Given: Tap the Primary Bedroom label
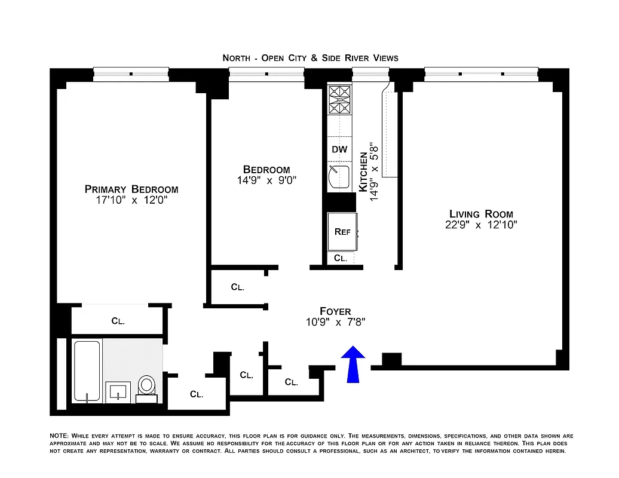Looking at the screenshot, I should pyautogui.click(x=131, y=189).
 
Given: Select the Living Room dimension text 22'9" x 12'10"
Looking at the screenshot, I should pyautogui.click(x=481, y=225).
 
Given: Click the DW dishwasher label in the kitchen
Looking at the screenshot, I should pyautogui.click(x=339, y=149).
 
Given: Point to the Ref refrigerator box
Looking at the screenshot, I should pyautogui.click(x=342, y=232).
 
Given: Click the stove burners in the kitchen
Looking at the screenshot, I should pyautogui.click(x=339, y=100).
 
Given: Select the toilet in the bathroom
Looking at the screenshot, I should pyautogui.click(x=146, y=387).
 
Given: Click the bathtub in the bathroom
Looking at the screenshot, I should pyautogui.click(x=87, y=371).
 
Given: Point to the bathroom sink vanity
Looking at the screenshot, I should pyautogui.click(x=118, y=392).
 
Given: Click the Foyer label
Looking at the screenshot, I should pyautogui.click(x=335, y=311).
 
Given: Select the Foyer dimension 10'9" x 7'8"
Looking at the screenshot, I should pyautogui.click(x=335, y=322).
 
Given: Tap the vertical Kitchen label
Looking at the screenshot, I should pyautogui.click(x=363, y=171).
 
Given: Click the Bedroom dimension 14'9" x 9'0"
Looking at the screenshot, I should pyautogui.click(x=266, y=180).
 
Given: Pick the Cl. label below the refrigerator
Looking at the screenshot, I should pyautogui.click(x=341, y=258).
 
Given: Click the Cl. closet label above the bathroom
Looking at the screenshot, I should pyautogui.click(x=118, y=321).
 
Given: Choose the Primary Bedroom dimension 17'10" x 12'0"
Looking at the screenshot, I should pyautogui.click(x=131, y=201).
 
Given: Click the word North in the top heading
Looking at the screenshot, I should pyautogui.click(x=236, y=58).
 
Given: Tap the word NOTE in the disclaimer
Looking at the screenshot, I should pyautogui.click(x=60, y=436).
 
